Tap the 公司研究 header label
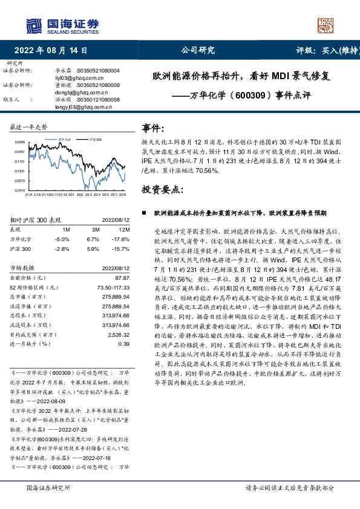(198, 51)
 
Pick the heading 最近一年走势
(28, 128)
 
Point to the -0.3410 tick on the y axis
(19, 190)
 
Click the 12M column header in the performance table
(124, 230)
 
